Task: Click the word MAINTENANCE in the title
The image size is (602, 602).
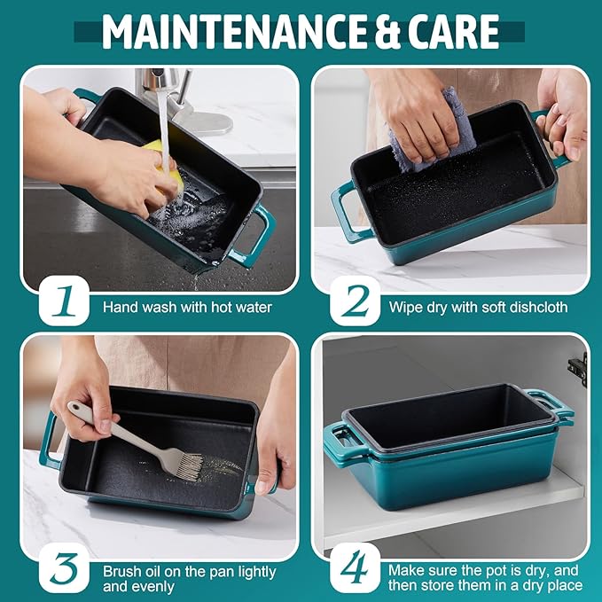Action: tap(234, 32)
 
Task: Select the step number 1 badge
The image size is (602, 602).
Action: tap(64, 301)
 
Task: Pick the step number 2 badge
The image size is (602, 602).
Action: tap(355, 301)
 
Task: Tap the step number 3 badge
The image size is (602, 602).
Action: tap(64, 568)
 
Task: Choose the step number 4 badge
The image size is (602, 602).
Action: tap(355, 568)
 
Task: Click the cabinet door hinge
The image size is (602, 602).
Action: tap(578, 369)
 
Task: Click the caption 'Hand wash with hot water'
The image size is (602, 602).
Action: tap(187, 307)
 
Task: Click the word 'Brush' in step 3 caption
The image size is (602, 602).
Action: tap(122, 572)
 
